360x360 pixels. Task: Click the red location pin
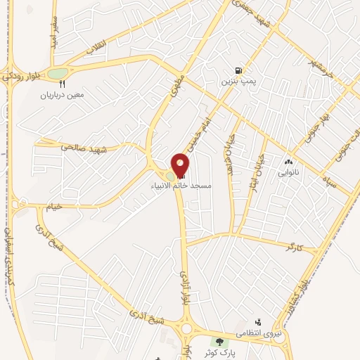coord(181,165)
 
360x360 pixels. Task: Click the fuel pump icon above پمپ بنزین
coord(239,71)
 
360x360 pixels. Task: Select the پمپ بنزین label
coord(237,82)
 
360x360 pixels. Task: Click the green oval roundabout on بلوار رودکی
coord(58,72)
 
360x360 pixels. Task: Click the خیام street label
coord(55,206)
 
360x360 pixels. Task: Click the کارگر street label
coord(293,247)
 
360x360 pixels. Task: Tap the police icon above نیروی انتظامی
coord(257,321)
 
